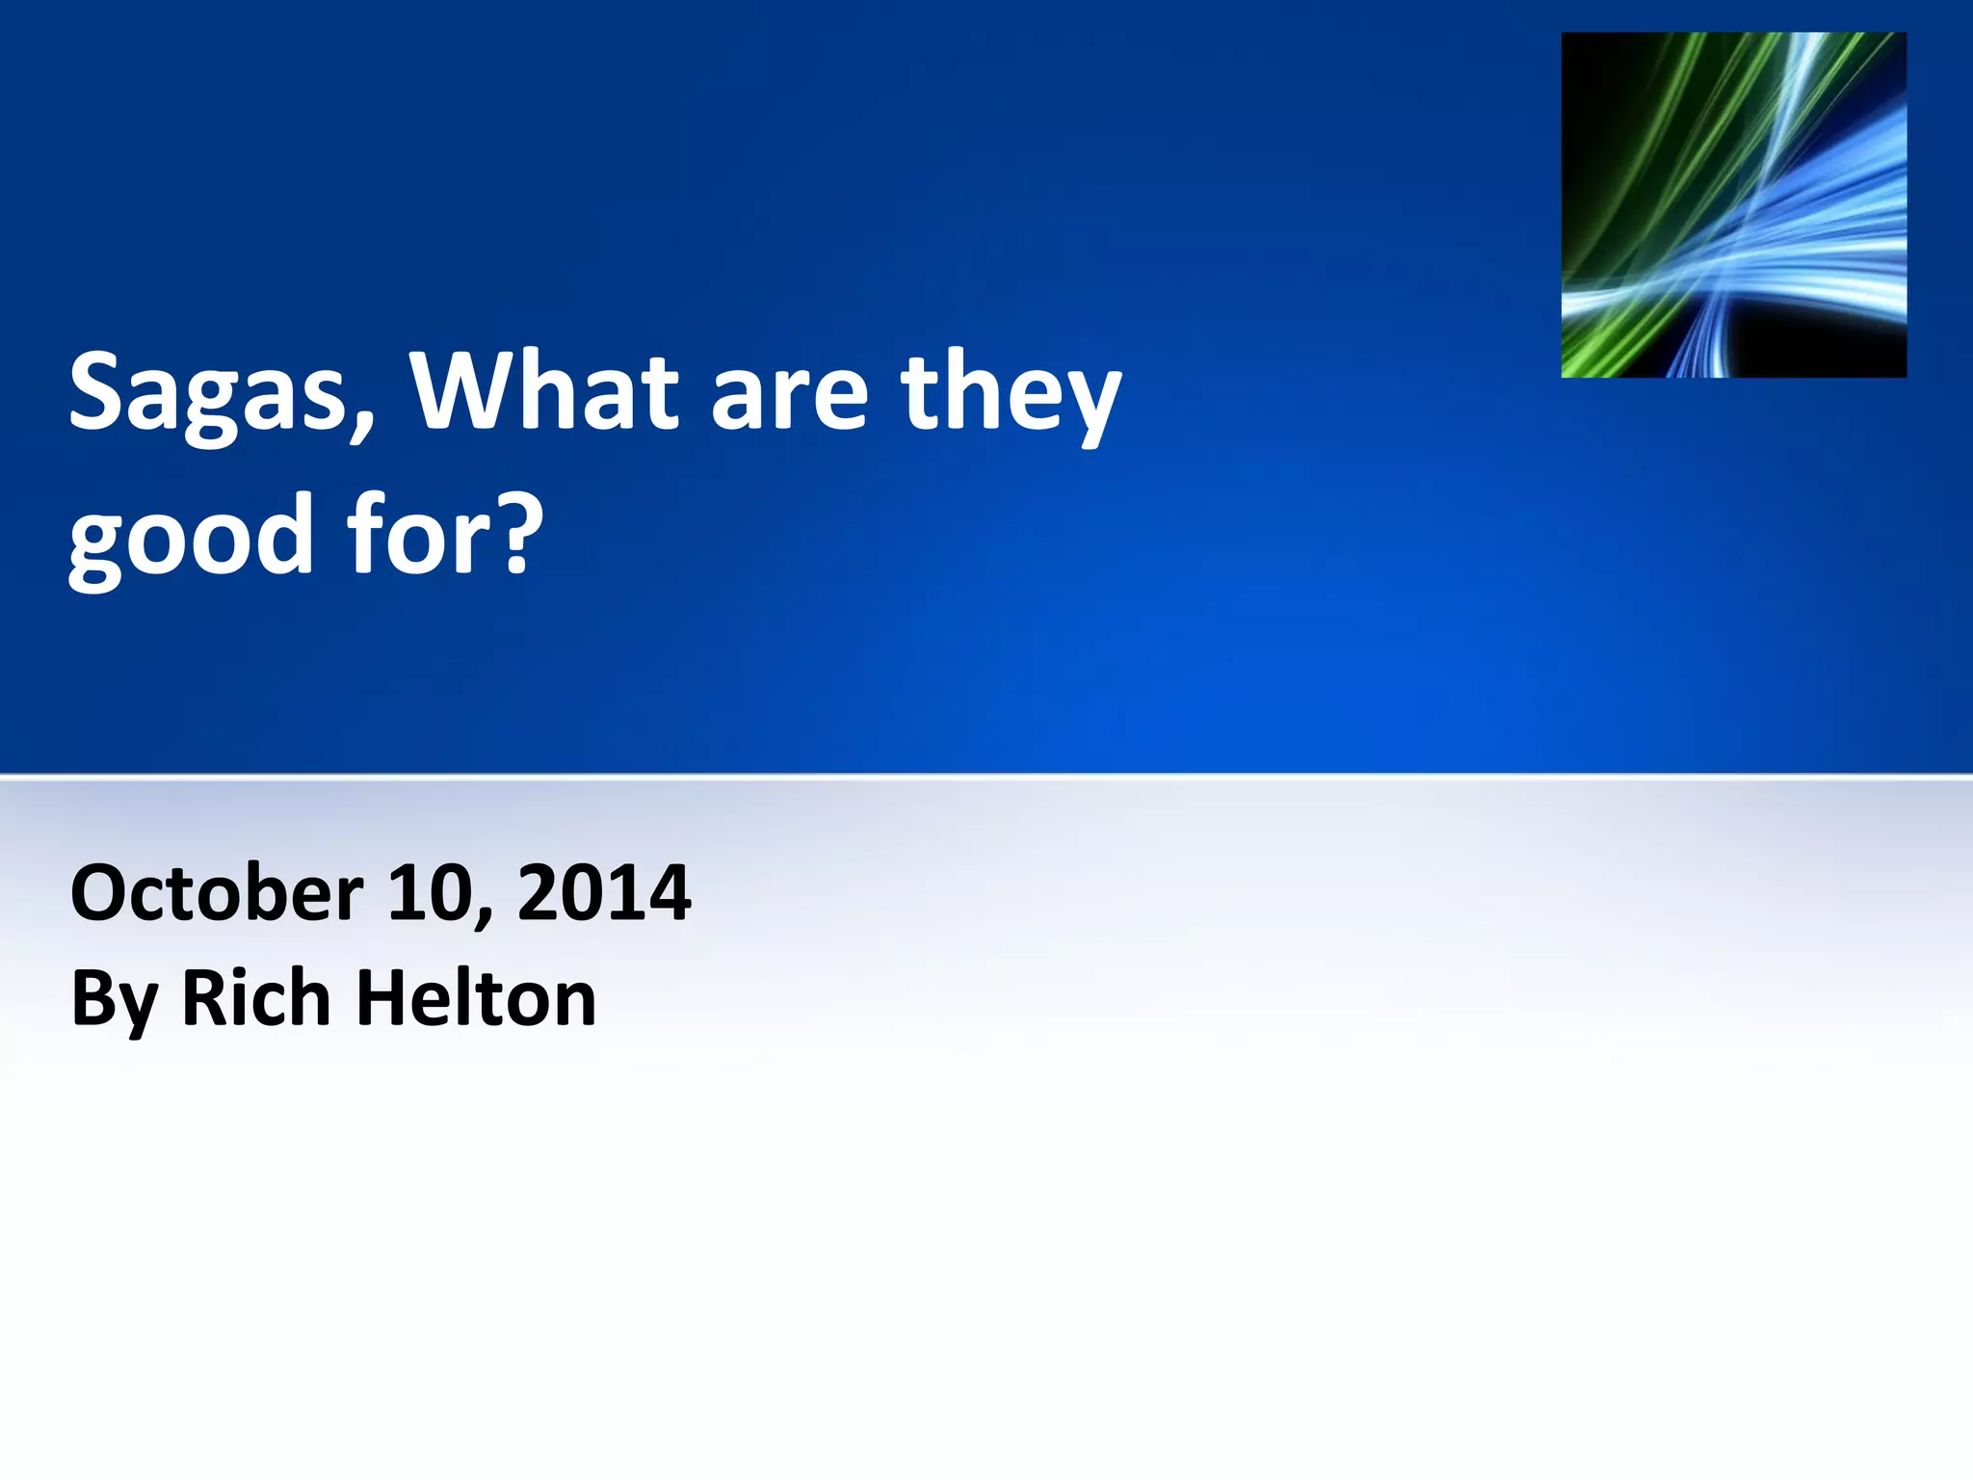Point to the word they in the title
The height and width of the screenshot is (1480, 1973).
point(1012,395)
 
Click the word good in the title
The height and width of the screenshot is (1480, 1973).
point(191,536)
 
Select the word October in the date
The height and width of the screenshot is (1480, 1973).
point(217,893)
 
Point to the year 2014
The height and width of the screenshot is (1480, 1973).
point(604,893)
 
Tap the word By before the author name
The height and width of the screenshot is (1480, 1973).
point(114,999)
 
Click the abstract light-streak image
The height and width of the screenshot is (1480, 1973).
point(1733,204)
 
